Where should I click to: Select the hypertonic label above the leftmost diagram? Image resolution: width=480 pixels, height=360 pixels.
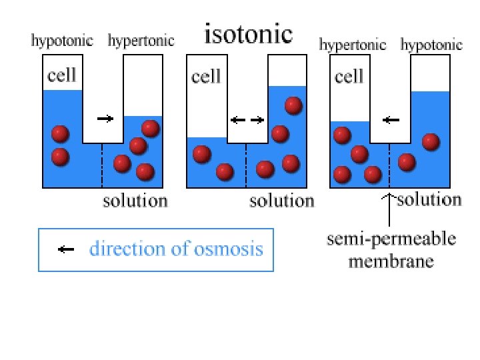point(141,41)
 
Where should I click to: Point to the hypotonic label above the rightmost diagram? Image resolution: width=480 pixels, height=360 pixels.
point(431,45)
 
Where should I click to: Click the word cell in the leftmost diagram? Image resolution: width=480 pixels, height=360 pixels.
point(61,75)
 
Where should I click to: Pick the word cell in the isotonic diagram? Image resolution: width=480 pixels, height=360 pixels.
point(206,77)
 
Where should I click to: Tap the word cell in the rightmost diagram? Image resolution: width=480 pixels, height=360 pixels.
point(349,77)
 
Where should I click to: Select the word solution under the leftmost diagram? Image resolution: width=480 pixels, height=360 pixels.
point(135,201)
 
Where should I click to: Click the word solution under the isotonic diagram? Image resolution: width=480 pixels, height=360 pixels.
point(281,201)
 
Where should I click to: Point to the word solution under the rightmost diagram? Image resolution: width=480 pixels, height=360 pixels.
point(429,199)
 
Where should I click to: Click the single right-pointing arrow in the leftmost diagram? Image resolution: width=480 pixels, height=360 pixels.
point(105,119)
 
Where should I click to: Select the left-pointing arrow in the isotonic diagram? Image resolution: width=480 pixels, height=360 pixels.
point(237,121)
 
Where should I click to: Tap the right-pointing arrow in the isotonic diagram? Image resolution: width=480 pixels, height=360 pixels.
point(257,121)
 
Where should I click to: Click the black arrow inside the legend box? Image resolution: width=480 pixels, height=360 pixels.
point(65,250)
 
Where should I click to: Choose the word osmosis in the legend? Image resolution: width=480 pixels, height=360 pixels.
point(231,249)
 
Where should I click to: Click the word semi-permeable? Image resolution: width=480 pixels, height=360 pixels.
point(391,239)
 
